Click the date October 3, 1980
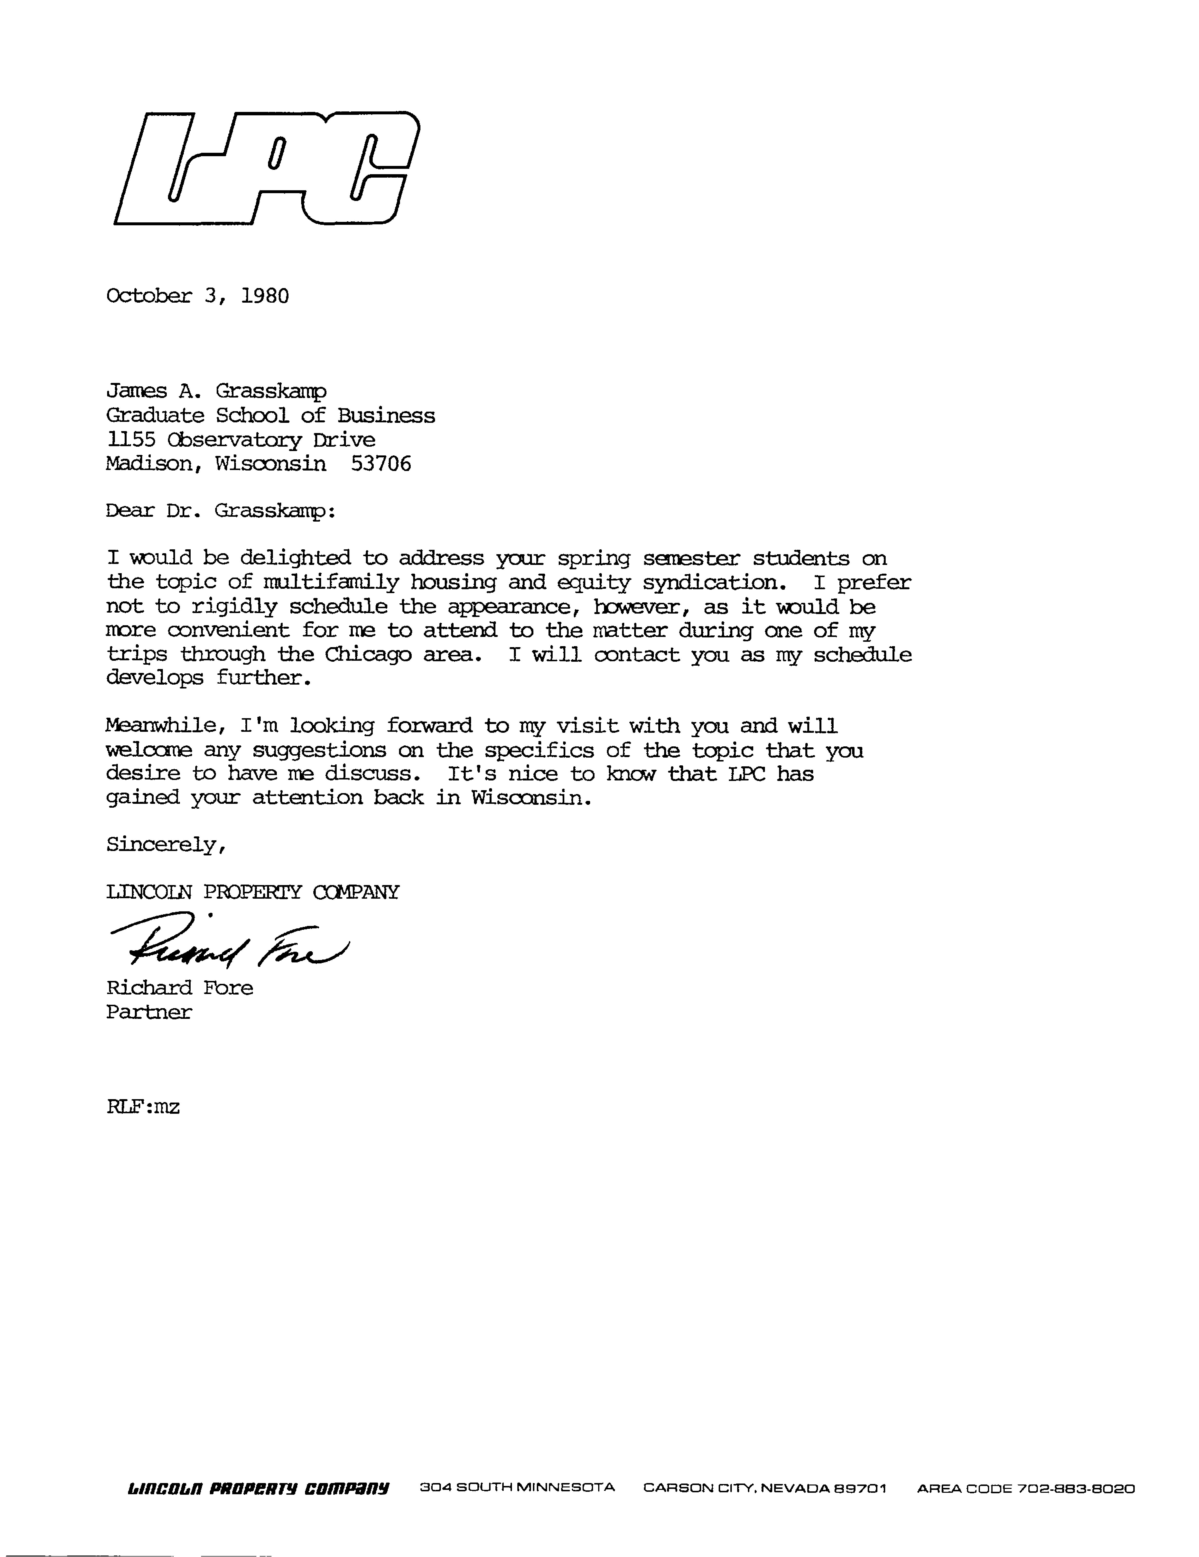pyautogui.click(x=198, y=296)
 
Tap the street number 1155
pyautogui.click(x=130, y=440)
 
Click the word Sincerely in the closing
pyautogui.click(x=166, y=845)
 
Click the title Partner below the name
pyautogui.click(x=149, y=1012)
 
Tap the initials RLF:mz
pyautogui.click(x=143, y=1107)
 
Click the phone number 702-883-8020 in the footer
pyautogui.click(x=1076, y=1489)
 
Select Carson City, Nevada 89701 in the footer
pyautogui.click(x=765, y=1489)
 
